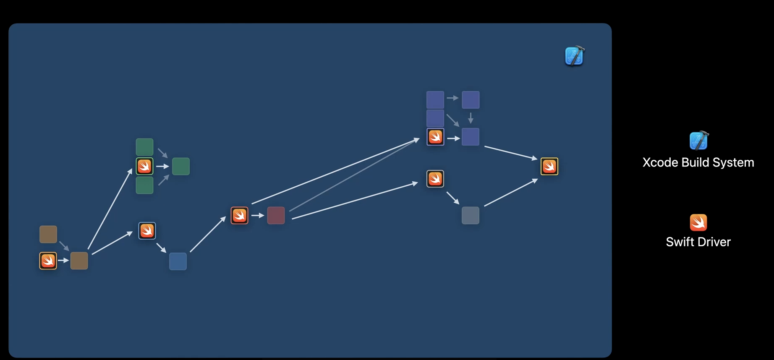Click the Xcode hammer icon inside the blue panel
tap(574, 56)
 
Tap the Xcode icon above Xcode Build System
tap(698, 141)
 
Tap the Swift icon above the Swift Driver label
tap(698, 222)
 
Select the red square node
tap(276, 215)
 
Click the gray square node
tap(470, 215)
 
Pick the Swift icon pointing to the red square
tap(239, 215)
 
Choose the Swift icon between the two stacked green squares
tap(144, 166)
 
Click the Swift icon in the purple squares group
tap(435, 137)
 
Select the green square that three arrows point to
tap(180, 166)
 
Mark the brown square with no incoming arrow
tap(48, 234)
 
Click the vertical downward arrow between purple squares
tap(471, 118)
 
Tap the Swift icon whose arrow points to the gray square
tap(435, 179)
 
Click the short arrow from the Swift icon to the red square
tap(258, 215)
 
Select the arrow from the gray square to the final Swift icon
tap(511, 193)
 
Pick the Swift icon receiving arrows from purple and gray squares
tap(549, 166)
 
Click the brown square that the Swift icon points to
tap(79, 261)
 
